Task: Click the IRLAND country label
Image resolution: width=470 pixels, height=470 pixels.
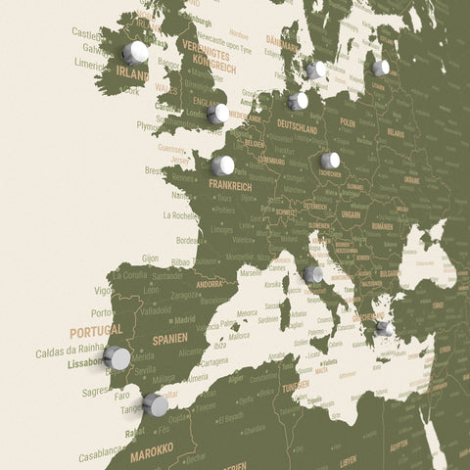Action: (x=132, y=73)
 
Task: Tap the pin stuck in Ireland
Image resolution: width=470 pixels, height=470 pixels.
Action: (x=135, y=52)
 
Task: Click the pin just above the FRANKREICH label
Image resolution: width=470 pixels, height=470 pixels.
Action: (x=222, y=165)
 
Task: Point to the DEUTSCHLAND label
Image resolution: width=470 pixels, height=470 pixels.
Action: (x=298, y=128)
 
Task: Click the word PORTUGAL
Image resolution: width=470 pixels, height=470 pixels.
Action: (x=96, y=330)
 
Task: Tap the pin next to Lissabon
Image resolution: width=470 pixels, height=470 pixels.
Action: (x=117, y=358)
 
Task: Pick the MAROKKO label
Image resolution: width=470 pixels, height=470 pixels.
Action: (x=152, y=448)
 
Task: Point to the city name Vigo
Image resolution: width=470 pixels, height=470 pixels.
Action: (x=103, y=290)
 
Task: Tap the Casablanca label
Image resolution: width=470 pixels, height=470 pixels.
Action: (x=103, y=454)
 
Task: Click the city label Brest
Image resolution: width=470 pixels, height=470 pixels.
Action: (x=154, y=169)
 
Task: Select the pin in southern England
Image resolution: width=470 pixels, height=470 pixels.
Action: (x=217, y=114)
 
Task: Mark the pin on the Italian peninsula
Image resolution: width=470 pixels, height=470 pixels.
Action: (x=312, y=275)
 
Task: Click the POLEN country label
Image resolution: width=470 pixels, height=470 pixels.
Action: (x=348, y=124)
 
